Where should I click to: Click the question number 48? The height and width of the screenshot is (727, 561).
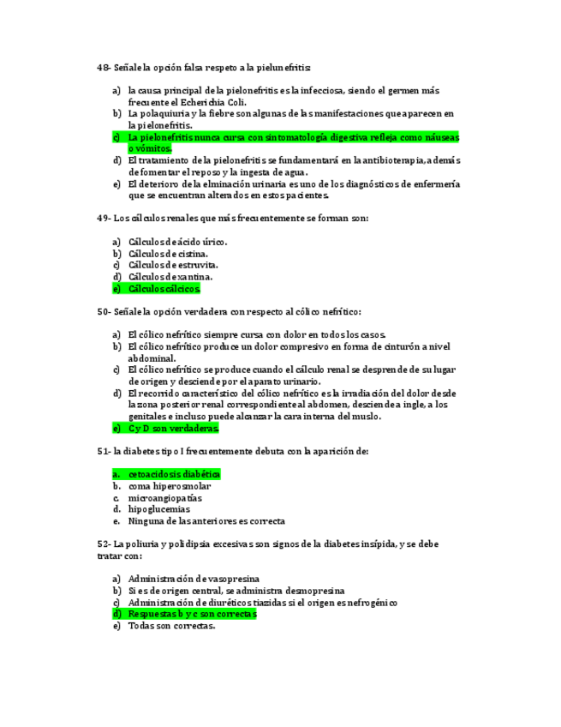point(103,67)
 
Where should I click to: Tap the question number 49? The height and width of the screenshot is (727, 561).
point(103,218)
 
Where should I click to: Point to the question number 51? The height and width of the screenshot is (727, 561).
point(103,451)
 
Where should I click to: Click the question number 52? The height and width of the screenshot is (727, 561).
point(103,544)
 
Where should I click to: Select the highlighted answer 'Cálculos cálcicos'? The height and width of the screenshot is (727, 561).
point(164,289)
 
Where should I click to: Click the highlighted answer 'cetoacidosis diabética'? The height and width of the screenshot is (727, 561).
point(174,474)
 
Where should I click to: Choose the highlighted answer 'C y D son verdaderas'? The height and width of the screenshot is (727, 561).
point(174,428)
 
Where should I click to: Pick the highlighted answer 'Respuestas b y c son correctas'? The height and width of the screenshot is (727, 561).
point(192,614)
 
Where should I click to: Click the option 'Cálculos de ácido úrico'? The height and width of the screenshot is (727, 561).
point(177,242)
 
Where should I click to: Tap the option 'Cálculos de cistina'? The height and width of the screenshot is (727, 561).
point(168,254)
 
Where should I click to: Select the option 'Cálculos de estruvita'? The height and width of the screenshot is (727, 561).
point(171,265)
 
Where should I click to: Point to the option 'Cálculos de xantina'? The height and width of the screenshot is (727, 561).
point(170,277)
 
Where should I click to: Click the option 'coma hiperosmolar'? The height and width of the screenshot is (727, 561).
point(170,486)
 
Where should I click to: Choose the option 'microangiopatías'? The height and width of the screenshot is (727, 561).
point(165,497)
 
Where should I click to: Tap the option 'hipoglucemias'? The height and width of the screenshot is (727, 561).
point(158,509)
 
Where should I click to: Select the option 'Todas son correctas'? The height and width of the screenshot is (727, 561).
point(171,626)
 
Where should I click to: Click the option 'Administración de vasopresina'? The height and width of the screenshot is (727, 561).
point(194,579)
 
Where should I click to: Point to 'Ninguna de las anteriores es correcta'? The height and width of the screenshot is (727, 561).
point(206,520)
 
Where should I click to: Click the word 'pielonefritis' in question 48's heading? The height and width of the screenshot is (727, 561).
point(282,67)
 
